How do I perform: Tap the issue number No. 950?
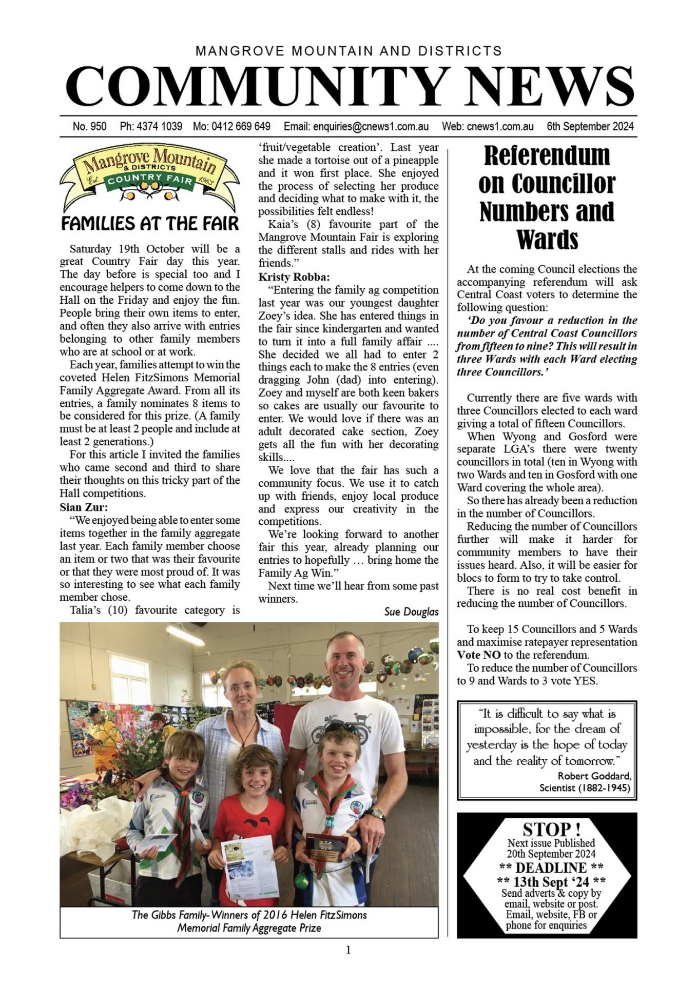point(89,126)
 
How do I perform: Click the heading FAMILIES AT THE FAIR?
point(150,224)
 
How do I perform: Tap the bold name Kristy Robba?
point(294,277)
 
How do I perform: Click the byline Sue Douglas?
point(411,612)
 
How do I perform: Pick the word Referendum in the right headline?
point(547,155)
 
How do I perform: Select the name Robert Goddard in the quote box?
point(594,776)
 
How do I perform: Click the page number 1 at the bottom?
point(348,950)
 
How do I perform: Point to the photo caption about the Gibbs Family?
point(249,921)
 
